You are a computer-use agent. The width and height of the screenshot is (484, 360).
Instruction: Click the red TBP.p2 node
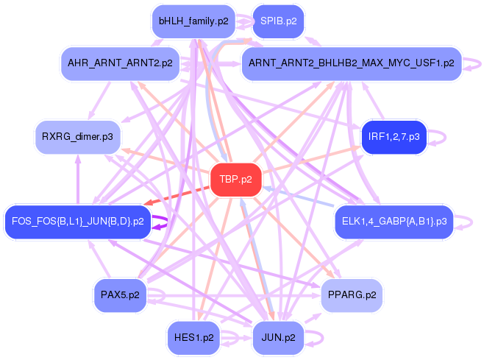235,179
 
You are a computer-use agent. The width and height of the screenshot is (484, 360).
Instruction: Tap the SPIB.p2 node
278,21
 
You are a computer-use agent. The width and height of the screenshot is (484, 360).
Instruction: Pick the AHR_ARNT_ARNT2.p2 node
119,63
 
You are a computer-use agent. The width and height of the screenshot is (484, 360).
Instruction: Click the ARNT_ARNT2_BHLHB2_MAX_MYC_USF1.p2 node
351,63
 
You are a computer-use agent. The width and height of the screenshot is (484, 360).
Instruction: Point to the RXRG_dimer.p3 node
77,136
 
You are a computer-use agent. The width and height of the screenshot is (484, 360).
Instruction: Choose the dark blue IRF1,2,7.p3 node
394,136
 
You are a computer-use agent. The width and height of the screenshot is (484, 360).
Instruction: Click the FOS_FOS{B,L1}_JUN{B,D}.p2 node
77,220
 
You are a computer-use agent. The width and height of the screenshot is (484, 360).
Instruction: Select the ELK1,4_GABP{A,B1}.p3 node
394,220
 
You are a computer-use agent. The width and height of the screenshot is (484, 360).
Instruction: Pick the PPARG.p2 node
350,294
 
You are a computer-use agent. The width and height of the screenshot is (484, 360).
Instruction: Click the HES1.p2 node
193,338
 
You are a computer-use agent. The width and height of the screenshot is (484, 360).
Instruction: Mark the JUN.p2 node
278,338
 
